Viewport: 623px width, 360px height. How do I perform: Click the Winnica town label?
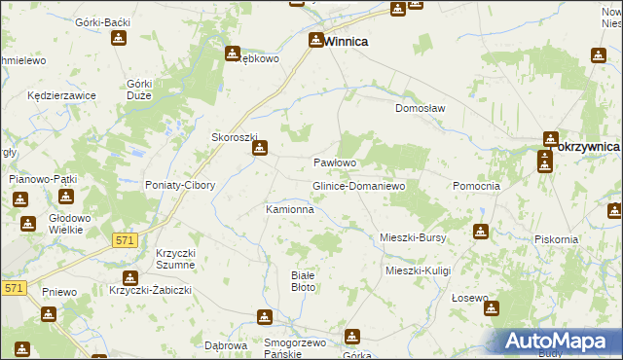[x=346, y=42]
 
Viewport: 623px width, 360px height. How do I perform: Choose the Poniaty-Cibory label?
[x=178, y=185]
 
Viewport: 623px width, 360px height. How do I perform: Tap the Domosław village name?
[x=420, y=109]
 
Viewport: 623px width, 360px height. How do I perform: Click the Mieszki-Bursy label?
[x=412, y=236]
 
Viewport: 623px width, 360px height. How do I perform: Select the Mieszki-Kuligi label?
[x=419, y=270]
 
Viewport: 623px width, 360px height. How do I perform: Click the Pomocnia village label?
[x=477, y=185]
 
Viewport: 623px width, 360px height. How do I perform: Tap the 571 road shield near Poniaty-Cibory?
[x=124, y=239]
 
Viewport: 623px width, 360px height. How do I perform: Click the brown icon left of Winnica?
[x=315, y=40]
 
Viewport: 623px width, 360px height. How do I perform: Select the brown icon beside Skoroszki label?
[x=260, y=150]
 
